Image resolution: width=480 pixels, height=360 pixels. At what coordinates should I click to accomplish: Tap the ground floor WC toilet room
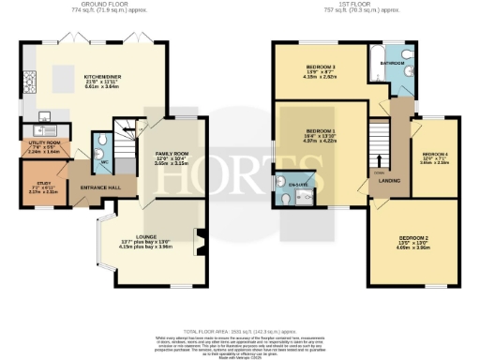coord(100,146)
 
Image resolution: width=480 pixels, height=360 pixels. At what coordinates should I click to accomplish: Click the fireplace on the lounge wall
coord(197,237)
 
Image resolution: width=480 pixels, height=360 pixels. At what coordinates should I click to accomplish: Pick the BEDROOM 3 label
coord(321,67)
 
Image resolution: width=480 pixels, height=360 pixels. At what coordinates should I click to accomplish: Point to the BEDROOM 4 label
coord(435,154)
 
